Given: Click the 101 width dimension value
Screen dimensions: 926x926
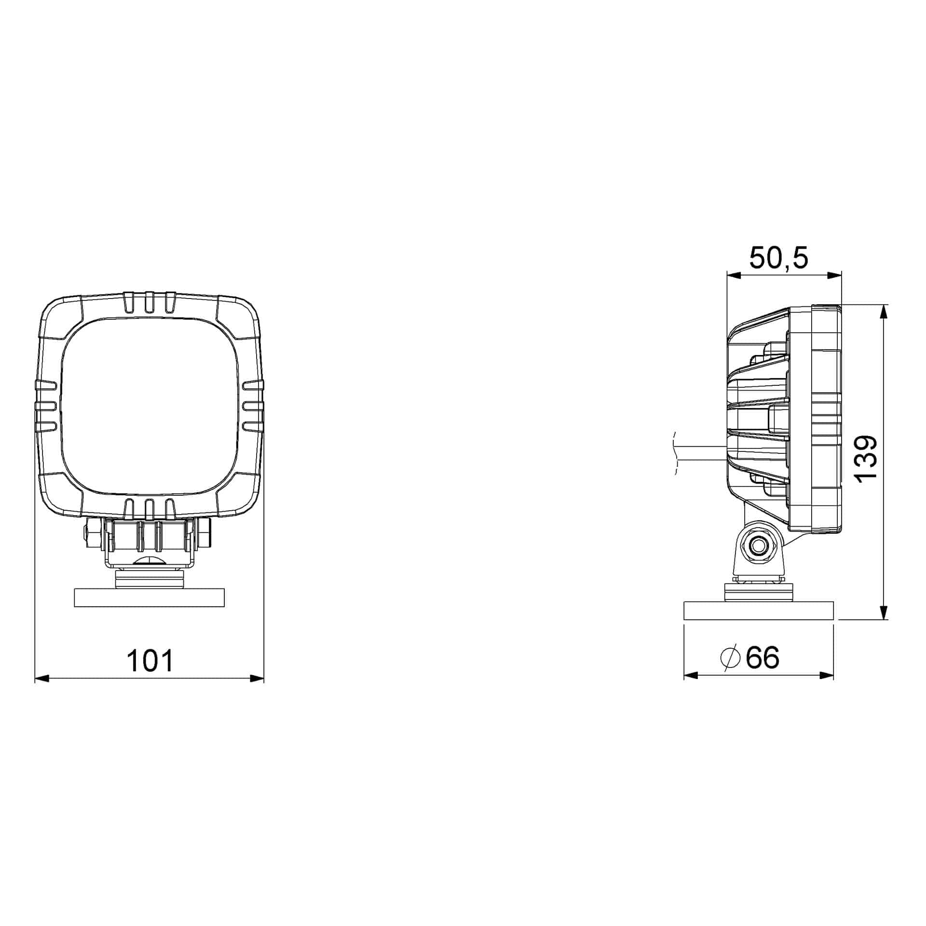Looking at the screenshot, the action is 150,661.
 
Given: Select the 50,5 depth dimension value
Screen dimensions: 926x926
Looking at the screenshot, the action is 778,258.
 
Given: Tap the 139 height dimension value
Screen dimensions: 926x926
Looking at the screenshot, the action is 864,458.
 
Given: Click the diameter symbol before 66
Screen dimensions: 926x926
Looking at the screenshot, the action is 730,657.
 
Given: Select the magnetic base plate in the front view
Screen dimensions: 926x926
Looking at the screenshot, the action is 150,598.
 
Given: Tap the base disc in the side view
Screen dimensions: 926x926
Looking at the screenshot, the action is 759,611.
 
